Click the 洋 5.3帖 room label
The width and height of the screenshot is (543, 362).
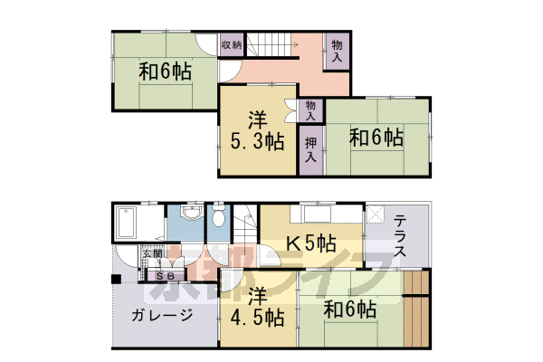pos(257,129)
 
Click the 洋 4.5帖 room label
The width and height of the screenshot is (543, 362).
pos(257,308)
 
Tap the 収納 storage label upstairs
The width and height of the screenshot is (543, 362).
pos(231,44)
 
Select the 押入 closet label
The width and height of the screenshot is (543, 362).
pos(311,148)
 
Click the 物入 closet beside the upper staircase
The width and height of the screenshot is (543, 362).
pos(337,50)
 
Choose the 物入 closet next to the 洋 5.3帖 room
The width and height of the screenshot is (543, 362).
pos(310,110)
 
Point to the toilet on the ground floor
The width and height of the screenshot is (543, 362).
pos(219,218)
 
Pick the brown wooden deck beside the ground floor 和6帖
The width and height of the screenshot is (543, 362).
pos(417,312)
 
